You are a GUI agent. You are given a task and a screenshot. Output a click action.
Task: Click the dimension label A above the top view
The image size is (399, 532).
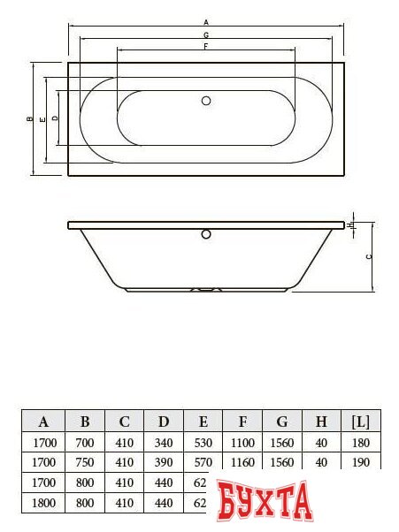tap(206, 20)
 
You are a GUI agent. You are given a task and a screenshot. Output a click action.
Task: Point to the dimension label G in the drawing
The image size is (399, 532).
tap(206, 34)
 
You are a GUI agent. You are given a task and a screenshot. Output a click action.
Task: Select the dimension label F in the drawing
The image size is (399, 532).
tap(206, 45)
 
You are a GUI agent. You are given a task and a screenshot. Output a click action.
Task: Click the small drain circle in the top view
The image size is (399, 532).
tap(207, 101)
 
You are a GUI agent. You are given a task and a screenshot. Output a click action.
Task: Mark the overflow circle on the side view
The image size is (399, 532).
tap(207, 234)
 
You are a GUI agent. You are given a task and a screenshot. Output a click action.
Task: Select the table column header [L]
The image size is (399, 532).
tap(361, 421)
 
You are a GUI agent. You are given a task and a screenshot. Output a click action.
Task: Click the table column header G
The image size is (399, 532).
tap(282, 421)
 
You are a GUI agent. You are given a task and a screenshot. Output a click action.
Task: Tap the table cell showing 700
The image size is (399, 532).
tap(85, 442)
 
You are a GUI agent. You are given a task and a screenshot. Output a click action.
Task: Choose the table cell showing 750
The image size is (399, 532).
tap(85, 462)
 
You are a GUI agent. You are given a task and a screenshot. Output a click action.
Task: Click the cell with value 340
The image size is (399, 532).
tap(164, 442)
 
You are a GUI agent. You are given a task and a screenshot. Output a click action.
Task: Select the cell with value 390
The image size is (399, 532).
tap(164, 462)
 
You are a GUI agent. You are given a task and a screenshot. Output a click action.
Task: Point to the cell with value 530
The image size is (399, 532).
tap(203, 442)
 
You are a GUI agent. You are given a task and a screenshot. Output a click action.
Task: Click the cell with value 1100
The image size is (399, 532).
tap(242, 442)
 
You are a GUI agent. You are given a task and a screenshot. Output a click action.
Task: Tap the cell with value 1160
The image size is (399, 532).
tap(242, 462)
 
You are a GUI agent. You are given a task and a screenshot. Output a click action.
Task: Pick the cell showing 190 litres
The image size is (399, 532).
tap(361, 462)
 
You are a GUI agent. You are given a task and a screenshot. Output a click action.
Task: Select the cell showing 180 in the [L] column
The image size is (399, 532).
tap(361, 442)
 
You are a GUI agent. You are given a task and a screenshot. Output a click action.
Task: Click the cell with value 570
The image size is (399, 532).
tap(203, 462)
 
